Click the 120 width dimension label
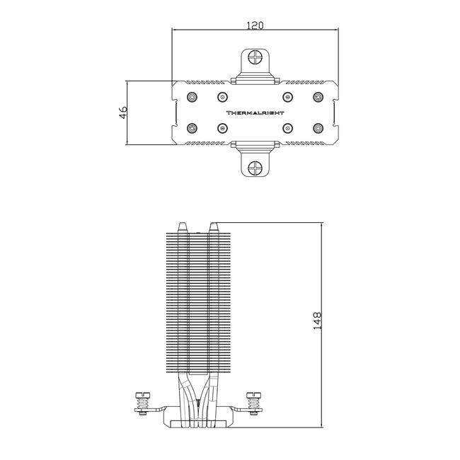[255, 25]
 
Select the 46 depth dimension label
[123, 113]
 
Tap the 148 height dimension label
[318, 321]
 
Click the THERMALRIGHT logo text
[255, 113]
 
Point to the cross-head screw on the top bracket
[255, 57]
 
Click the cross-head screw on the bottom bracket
[255, 168]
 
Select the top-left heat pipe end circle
[192, 97]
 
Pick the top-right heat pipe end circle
[318, 97]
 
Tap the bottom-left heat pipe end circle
[192, 128]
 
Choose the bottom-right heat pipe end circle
[318, 128]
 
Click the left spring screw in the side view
[143, 403]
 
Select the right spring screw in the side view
[254, 403]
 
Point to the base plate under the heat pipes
[198, 424]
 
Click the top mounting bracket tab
[255, 66]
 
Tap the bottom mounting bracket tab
[255, 159]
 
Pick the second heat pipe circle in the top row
[223, 97]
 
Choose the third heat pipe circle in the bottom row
[287, 128]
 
